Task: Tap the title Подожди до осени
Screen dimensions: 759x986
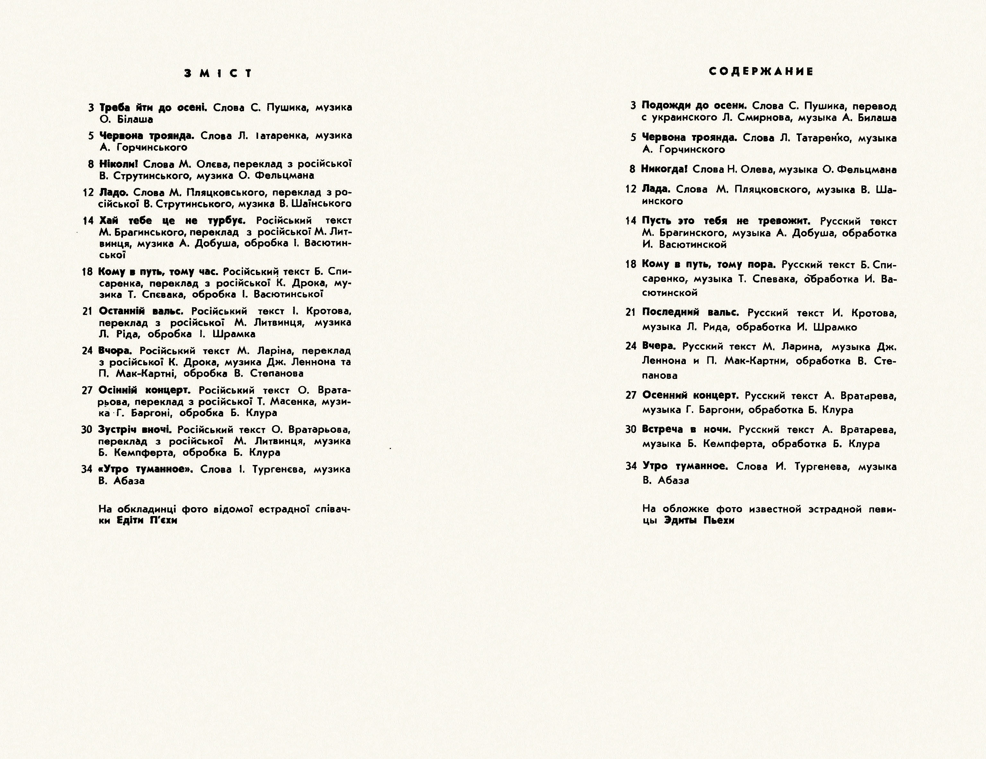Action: point(694,106)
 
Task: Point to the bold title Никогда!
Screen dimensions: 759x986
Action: point(664,169)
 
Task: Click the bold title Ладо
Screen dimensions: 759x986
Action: point(113,192)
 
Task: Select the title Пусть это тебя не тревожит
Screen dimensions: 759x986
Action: point(726,221)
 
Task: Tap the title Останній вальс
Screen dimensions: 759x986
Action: point(141,311)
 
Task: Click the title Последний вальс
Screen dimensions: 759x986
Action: point(690,313)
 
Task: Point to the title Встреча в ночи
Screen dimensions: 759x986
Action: point(686,430)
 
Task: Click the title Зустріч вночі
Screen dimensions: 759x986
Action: point(135,430)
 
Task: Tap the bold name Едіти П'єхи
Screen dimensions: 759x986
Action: point(147,521)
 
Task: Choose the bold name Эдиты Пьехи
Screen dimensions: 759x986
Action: point(699,521)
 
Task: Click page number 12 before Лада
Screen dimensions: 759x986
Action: point(631,189)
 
